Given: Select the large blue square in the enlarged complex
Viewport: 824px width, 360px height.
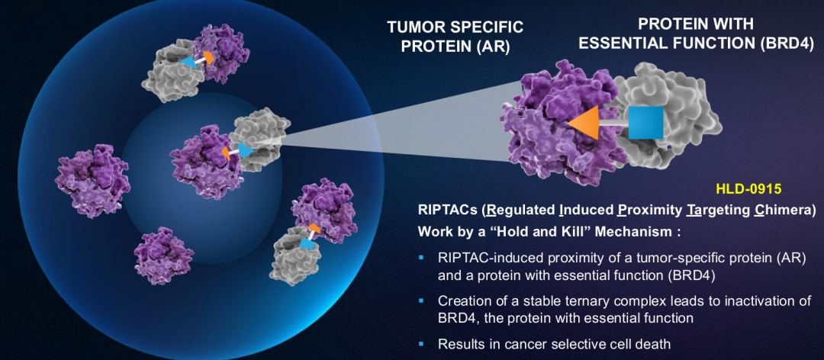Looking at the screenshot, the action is [645, 123].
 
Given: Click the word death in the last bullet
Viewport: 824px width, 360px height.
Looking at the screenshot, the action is [653, 345].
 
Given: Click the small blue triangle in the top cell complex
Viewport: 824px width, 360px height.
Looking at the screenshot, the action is [187, 63].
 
